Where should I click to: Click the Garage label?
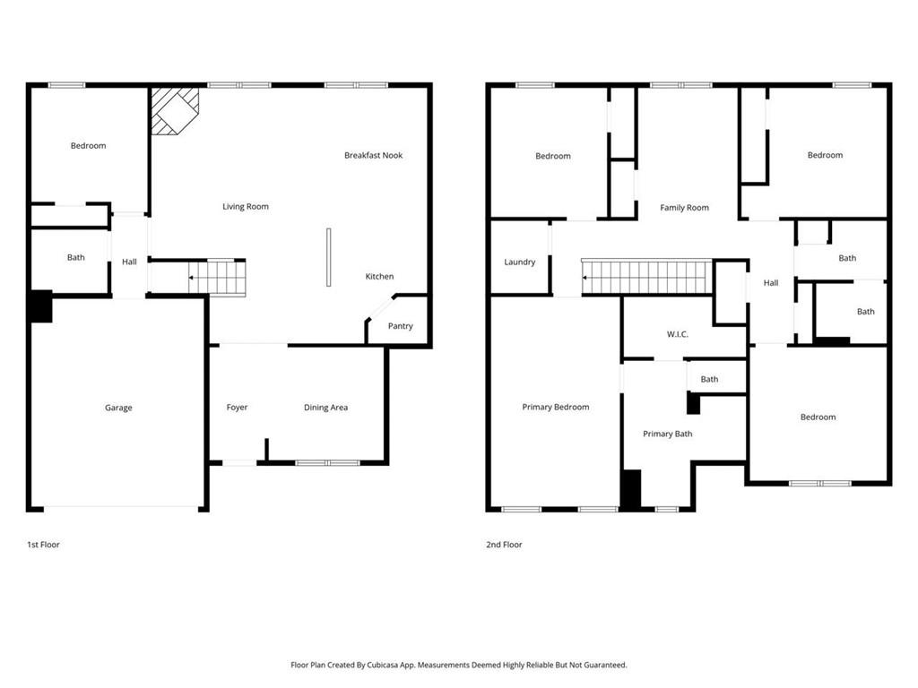point(118,408)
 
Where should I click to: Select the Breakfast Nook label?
point(373,155)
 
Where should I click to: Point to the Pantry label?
point(400,326)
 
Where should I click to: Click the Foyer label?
point(237,408)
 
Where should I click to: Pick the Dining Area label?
point(325,408)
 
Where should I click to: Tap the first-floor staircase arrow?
point(192,278)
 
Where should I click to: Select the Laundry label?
point(520,262)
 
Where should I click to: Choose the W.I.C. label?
point(677,334)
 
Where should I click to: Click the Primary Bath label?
point(668,434)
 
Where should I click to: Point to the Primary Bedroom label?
point(556,407)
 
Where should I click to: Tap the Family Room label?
point(684,208)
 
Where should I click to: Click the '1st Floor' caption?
point(43,544)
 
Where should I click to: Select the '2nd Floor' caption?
point(505,544)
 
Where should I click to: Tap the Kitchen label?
point(379,276)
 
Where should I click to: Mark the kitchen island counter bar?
point(328,257)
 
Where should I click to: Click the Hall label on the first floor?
point(129,262)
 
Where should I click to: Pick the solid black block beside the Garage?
point(40,306)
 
